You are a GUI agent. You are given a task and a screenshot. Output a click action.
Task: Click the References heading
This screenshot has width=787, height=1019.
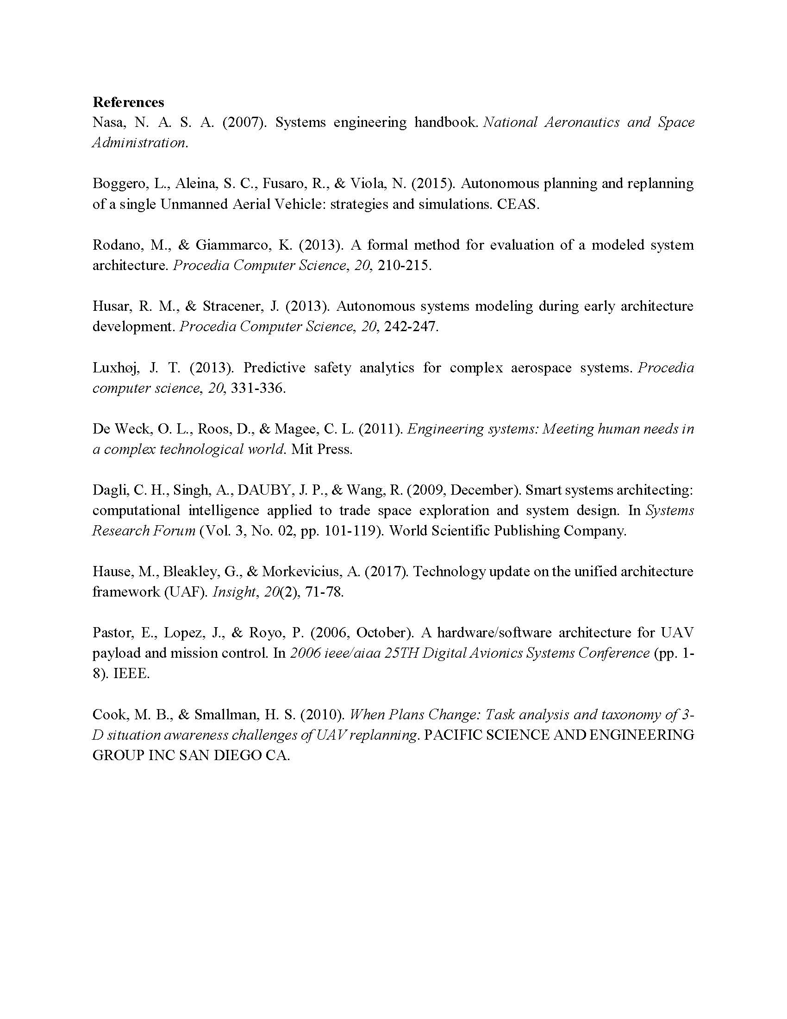(128, 102)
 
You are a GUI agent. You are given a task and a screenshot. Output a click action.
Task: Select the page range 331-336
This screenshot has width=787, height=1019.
(257, 388)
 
